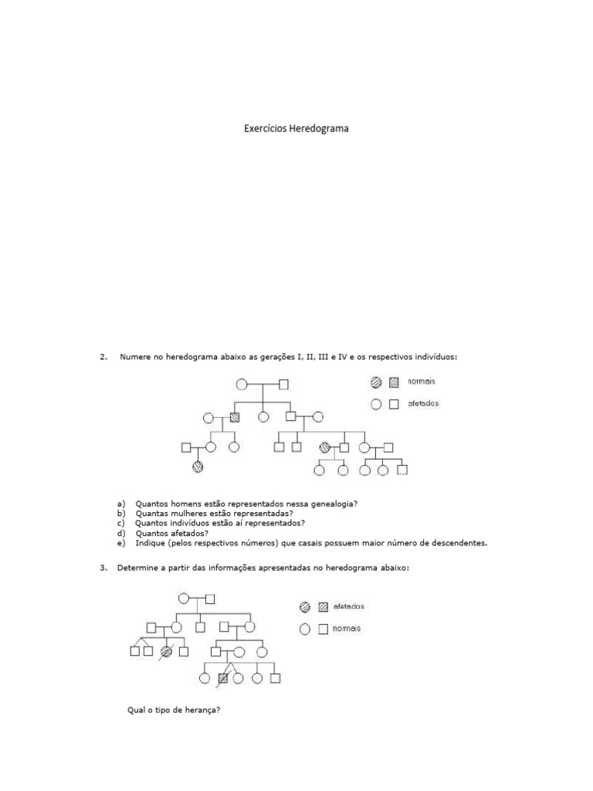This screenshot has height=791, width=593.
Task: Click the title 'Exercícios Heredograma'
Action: pyautogui.click(x=297, y=129)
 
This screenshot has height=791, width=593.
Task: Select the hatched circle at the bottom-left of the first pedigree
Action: pyautogui.click(x=198, y=467)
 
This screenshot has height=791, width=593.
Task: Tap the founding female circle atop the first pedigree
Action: pyautogui.click(x=241, y=384)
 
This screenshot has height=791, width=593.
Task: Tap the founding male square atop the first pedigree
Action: pyautogui.click(x=283, y=384)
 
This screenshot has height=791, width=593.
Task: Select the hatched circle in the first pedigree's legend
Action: pyautogui.click(x=376, y=382)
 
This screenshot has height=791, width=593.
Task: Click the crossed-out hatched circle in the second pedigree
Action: pyautogui.click(x=166, y=651)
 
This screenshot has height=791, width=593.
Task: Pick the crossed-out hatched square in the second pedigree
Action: pyautogui.click(x=223, y=678)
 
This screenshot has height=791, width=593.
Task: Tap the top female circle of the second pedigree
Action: pyautogui.click(x=184, y=598)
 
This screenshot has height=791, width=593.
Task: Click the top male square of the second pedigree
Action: pyautogui.click(x=210, y=598)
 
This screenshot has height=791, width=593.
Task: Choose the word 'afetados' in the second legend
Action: pyautogui.click(x=349, y=606)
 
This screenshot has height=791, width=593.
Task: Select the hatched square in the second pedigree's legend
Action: pyautogui.click(x=324, y=607)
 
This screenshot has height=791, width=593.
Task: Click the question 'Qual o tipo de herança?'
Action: pyautogui.click(x=174, y=711)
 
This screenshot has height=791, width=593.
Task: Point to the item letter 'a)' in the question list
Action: pyautogui.click(x=121, y=503)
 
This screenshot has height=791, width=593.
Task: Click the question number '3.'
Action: pyautogui.click(x=103, y=569)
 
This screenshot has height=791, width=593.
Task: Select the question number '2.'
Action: pyautogui.click(x=103, y=356)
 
